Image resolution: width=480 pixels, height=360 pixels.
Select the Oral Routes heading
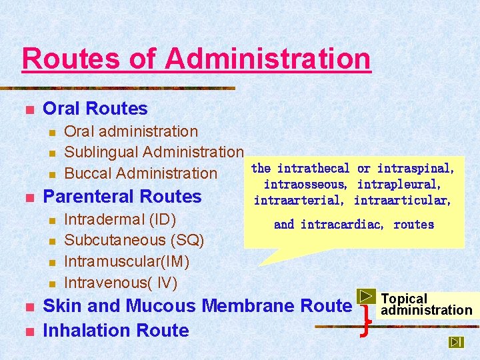(x=95, y=109)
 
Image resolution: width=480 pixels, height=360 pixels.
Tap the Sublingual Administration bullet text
(x=153, y=153)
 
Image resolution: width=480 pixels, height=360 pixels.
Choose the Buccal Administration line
(x=141, y=173)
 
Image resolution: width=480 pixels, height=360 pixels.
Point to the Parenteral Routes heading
(x=122, y=197)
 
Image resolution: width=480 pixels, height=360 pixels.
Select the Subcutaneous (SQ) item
(x=134, y=240)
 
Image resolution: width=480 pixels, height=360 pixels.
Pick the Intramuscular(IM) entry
(x=127, y=261)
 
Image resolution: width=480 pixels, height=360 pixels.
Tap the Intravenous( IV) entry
(x=121, y=283)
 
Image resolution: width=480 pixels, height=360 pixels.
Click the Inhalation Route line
(x=115, y=330)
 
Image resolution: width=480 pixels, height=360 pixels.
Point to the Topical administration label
(x=426, y=305)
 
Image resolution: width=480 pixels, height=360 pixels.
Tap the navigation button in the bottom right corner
(x=456, y=342)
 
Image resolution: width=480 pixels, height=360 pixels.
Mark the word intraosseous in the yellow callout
(x=305, y=184)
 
